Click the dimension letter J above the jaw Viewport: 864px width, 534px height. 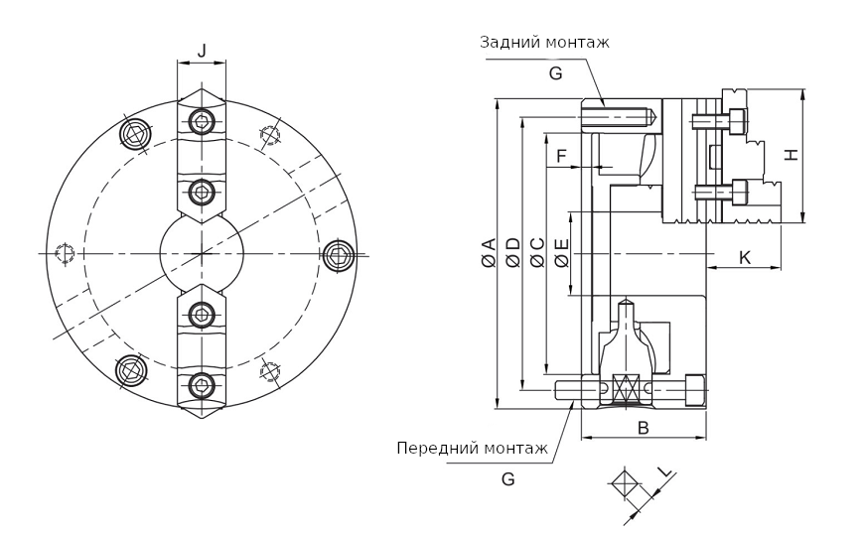pos(202,51)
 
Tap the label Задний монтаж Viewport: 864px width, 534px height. pos(544,42)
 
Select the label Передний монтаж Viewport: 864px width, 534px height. pos(472,448)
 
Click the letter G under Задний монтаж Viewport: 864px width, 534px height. pos(555,72)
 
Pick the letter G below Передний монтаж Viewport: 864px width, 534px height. pos(507,479)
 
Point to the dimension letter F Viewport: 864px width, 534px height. pos(562,156)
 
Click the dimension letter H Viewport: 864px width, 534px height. pos(791,155)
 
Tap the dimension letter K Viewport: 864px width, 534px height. pos(745,258)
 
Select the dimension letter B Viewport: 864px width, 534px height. pos(643,428)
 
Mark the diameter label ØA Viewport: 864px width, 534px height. pos(489,253)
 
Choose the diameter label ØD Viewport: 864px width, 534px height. pos(512,253)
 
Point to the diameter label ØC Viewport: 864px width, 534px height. pos(537,253)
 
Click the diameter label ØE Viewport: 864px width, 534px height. pos(561,253)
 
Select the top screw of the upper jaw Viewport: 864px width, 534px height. pos(202,122)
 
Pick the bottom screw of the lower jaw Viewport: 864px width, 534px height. pos(202,385)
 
